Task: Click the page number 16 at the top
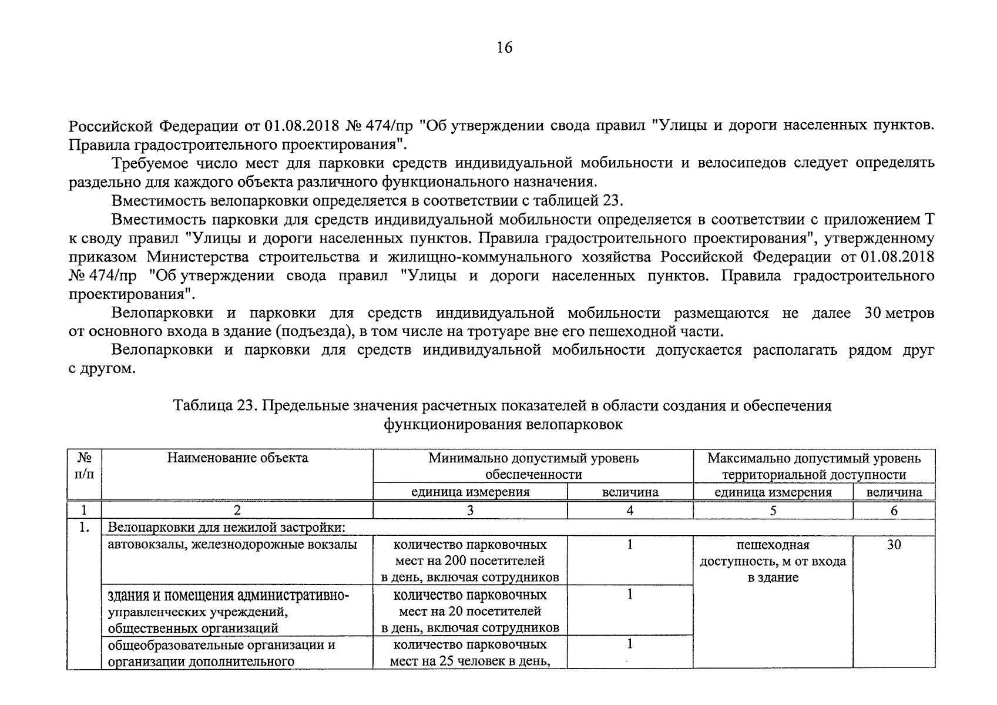click(x=504, y=48)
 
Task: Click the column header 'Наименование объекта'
click(x=237, y=458)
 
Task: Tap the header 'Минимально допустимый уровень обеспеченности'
click(x=533, y=466)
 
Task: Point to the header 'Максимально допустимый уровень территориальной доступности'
click(x=814, y=466)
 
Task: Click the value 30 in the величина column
click(x=894, y=545)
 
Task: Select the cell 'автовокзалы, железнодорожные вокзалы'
click(x=232, y=545)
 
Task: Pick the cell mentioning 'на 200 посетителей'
click(x=470, y=560)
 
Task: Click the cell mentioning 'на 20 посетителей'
click(x=470, y=611)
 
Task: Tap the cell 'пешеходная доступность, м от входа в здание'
click(x=773, y=561)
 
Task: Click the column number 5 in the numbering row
click(x=773, y=511)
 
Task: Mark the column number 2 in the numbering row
click(x=237, y=511)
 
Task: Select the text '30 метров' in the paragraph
click(x=899, y=313)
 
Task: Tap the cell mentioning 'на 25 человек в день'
click(x=470, y=653)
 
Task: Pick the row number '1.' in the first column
click(x=84, y=528)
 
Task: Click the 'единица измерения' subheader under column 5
click(x=773, y=492)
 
